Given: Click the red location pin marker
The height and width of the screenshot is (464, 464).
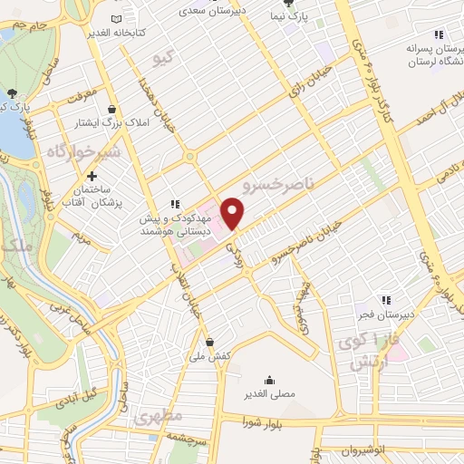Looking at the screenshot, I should [x=233, y=213].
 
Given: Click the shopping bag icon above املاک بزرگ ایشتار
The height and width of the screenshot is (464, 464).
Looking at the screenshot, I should [x=111, y=109].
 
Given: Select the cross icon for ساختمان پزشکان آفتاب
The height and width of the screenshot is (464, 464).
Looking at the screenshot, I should [x=92, y=175].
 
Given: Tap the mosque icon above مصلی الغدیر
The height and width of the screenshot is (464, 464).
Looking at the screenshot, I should [x=269, y=380].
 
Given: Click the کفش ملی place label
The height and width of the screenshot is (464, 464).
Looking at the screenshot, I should [x=210, y=357].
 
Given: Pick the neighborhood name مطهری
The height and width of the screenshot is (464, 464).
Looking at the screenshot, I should [x=159, y=417].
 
